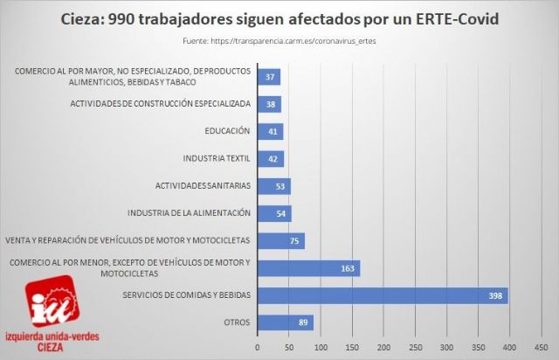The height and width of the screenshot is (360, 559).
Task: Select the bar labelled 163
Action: pos(308,267)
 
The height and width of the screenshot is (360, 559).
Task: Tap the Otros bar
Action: pos(285,322)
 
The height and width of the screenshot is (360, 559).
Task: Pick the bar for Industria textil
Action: pos(271,159)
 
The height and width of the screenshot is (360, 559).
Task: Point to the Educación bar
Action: pos(270,131)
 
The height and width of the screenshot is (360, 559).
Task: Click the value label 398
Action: pos(495,296)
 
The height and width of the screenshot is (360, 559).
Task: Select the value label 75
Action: pos(293,240)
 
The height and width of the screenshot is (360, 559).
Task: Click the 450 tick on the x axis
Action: pos(541,347)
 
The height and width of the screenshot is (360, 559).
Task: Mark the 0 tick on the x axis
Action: pos(258,347)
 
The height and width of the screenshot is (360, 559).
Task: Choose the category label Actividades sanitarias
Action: pos(203,186)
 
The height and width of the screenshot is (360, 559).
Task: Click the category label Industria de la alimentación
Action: pos(189,213)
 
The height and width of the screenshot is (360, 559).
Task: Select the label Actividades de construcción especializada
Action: pos(161,104)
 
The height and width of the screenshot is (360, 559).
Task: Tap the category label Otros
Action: pos(236,322)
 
